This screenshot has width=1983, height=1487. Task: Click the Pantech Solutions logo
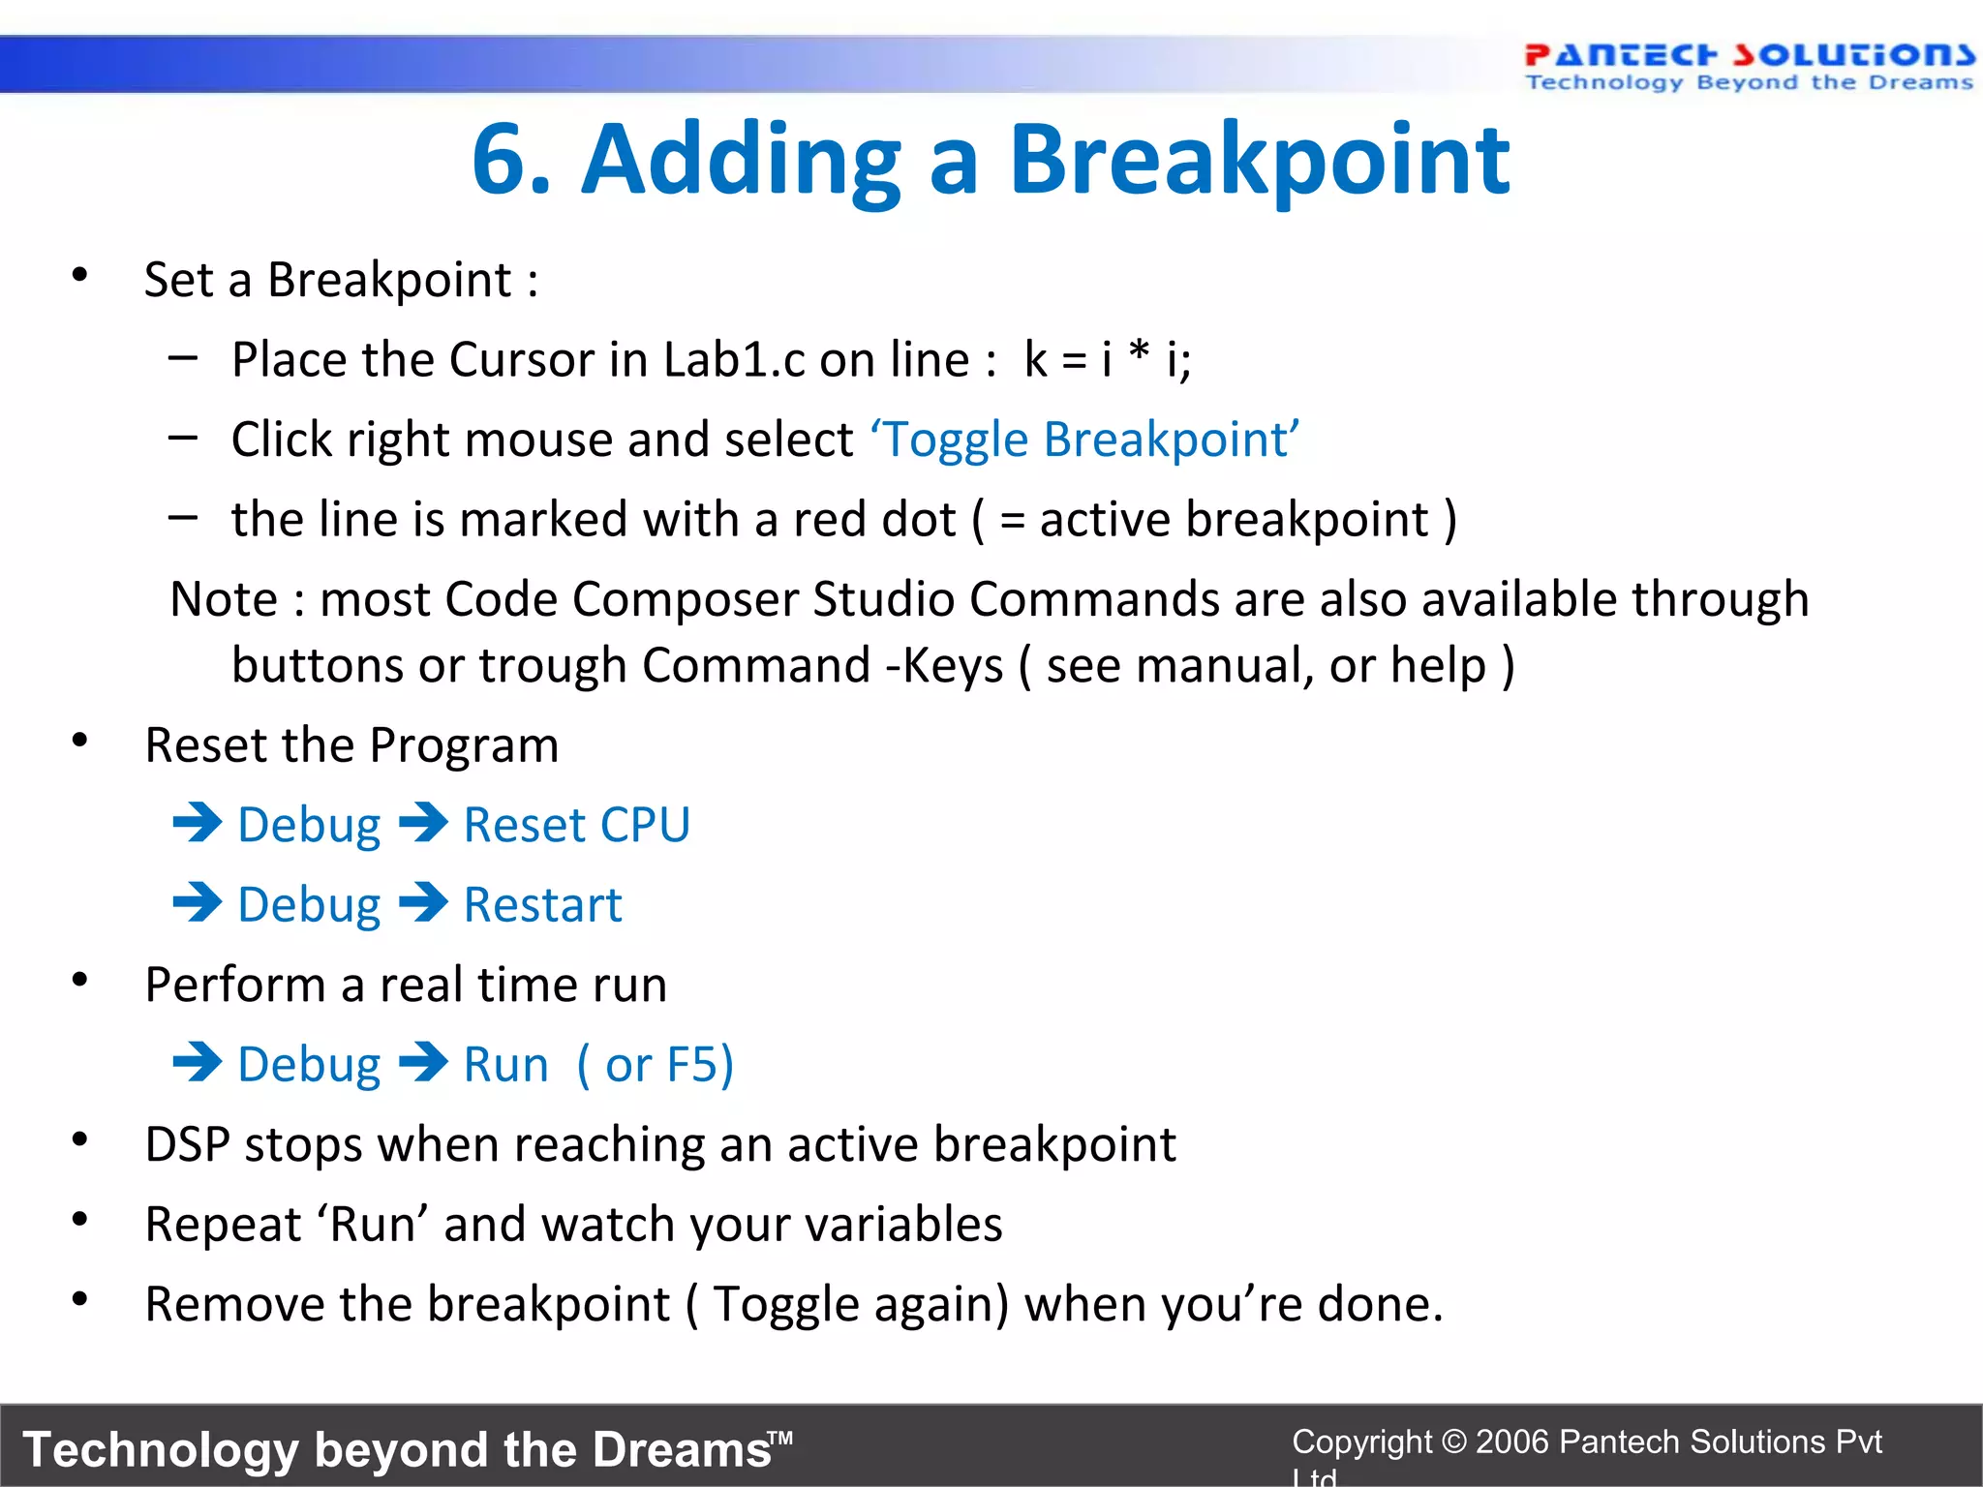1749,66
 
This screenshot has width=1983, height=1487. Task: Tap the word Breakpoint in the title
1259,160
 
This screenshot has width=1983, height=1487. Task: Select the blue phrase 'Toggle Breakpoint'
1084,440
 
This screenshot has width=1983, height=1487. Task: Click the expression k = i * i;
1108,360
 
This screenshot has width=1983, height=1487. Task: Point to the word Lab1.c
734,360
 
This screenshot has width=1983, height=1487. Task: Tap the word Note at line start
224,599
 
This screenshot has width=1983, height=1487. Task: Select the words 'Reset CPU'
576,826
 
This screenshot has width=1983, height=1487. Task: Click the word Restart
542,905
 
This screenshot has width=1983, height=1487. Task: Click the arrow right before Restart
423,903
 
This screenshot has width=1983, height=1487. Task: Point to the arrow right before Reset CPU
423,824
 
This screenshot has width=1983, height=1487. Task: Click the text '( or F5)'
656,1065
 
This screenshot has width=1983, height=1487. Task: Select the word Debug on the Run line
309,1065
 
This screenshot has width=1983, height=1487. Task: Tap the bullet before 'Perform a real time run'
80,981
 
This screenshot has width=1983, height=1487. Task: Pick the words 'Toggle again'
857,1304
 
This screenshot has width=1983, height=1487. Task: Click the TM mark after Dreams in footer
781,1439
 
